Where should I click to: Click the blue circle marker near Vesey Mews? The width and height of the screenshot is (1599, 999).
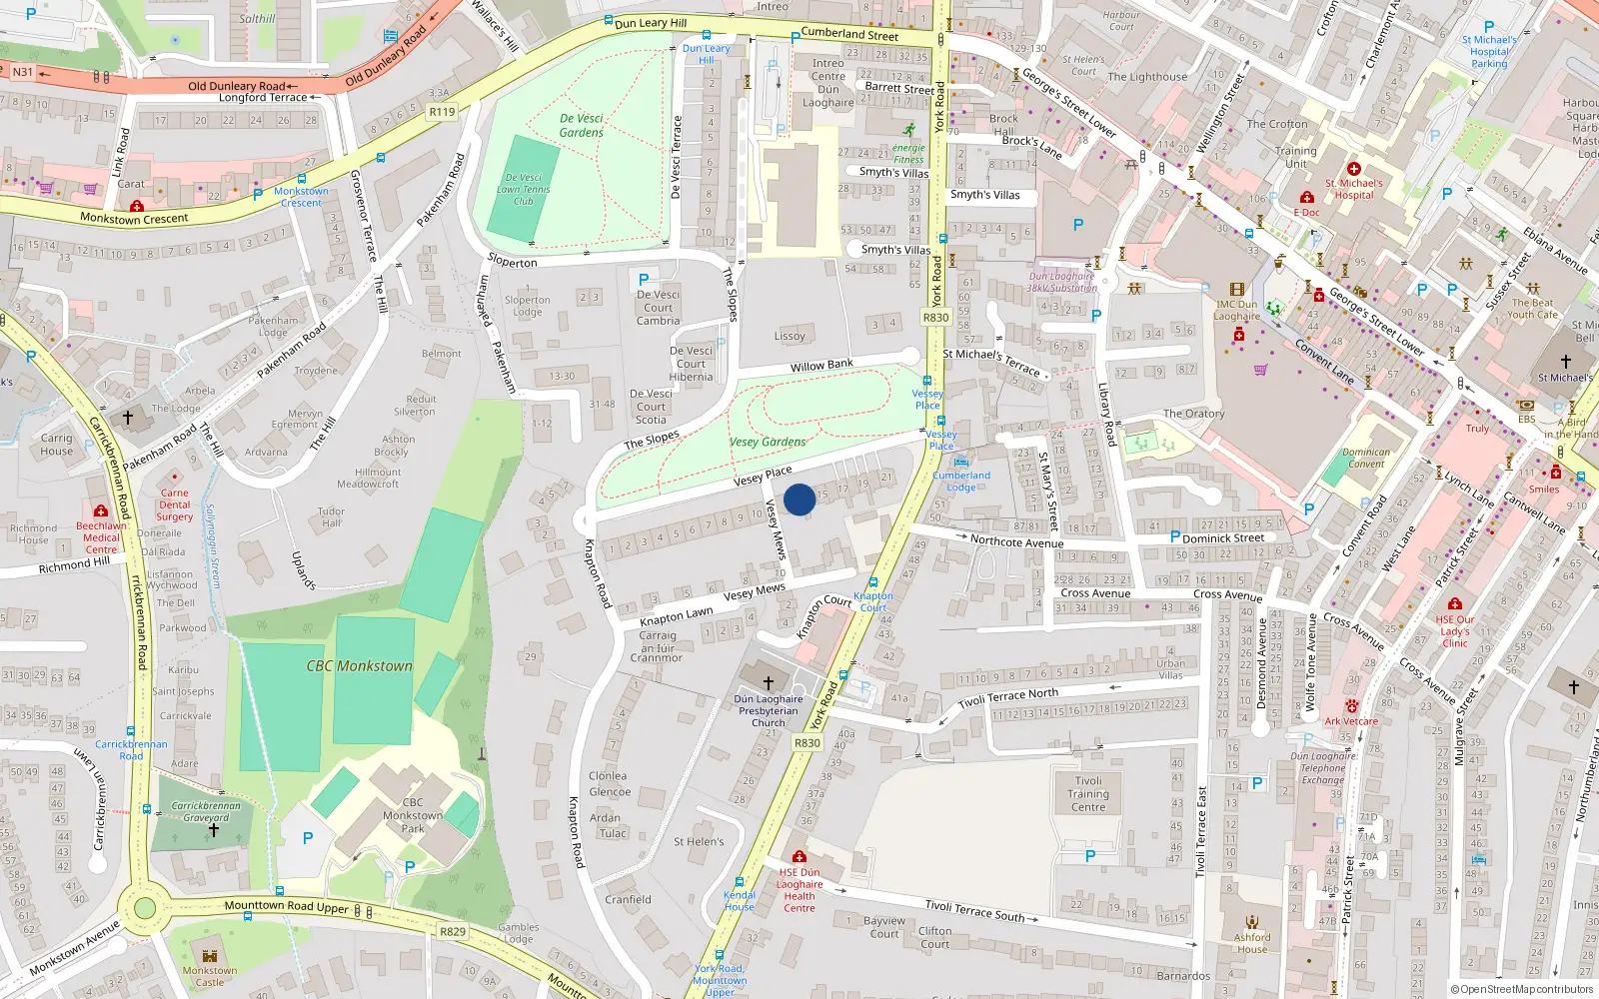(799, 499)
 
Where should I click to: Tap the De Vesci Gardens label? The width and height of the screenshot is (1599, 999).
(582, 125)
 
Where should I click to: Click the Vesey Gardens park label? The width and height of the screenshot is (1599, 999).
(768, 442)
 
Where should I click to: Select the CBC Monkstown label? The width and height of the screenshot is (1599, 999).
(359, 665)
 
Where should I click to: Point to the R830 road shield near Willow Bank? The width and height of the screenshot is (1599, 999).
(935, 318)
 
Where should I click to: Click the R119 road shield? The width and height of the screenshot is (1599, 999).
(442, 112)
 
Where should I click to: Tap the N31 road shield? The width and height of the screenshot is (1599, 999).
(22, 72)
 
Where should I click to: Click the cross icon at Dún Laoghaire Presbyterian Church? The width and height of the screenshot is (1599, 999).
(769, 682)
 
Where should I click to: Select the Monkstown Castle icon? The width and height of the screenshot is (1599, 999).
(210, 956)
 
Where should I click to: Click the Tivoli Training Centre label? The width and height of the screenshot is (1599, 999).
(1088, 794)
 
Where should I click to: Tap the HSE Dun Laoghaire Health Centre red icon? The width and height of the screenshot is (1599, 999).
(799, 857)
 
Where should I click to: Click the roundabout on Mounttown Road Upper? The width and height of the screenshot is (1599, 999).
(145, 908)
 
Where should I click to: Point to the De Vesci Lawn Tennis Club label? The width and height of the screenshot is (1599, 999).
(524, 189)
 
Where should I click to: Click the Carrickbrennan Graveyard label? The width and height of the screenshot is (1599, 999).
(206, 811)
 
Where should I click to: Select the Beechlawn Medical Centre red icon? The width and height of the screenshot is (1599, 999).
(100, 510)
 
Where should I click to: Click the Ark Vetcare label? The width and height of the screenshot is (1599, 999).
(1351, 721)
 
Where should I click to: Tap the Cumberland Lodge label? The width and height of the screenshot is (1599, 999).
(961, 482)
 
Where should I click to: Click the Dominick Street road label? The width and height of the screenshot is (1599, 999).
(1223, 537)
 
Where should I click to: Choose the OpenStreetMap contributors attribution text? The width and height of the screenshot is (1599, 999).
(1520, 989)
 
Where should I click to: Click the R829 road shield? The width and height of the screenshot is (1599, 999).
(453, 931)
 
